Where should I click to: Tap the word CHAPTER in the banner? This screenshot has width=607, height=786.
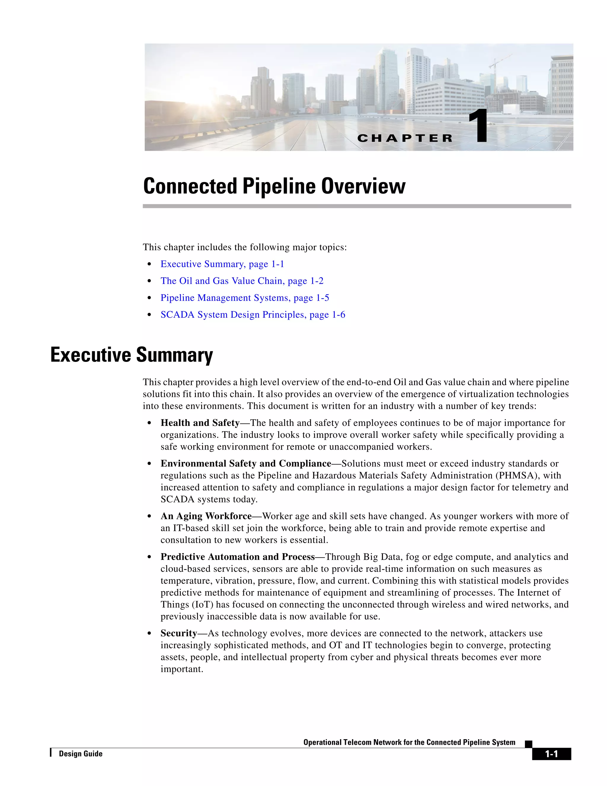405,138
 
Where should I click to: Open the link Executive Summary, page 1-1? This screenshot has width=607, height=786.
222,264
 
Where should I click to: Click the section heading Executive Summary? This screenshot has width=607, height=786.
132,355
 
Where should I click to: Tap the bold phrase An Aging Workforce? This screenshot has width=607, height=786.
206,516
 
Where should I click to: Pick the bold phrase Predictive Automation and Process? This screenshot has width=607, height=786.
237,557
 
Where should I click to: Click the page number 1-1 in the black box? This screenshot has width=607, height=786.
551,754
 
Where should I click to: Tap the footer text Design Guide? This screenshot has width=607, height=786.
81,754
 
